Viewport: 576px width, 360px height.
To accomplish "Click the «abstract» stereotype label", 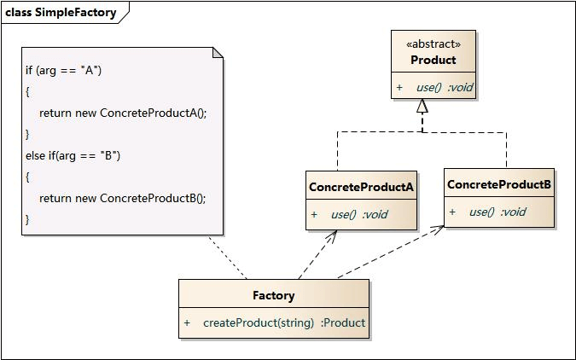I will point(433,44).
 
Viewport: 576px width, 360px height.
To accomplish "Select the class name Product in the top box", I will point(433,60).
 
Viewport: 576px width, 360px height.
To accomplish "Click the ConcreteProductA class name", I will point(361,187).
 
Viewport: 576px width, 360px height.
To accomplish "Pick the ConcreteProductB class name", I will point(499,184).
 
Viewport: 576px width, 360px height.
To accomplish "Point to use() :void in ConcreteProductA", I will point(359,214).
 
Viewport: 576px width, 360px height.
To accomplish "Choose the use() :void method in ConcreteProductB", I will point(497,212).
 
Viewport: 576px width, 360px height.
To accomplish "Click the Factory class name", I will point(274,295).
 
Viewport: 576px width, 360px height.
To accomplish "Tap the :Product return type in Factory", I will point(343,322).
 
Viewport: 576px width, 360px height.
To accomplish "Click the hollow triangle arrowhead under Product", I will point(422,107).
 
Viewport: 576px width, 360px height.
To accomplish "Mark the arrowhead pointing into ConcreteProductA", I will point(331,234).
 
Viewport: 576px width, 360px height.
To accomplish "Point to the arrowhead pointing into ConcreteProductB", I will point(438,229).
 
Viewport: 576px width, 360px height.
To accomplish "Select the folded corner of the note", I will point(218,53).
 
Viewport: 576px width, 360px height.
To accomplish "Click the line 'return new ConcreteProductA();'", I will point(123,113).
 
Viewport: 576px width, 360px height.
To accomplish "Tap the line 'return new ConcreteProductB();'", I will point(122,198).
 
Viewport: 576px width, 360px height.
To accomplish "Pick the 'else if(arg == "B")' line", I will point(73,155).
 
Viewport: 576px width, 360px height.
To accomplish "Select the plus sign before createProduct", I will point(187,322).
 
